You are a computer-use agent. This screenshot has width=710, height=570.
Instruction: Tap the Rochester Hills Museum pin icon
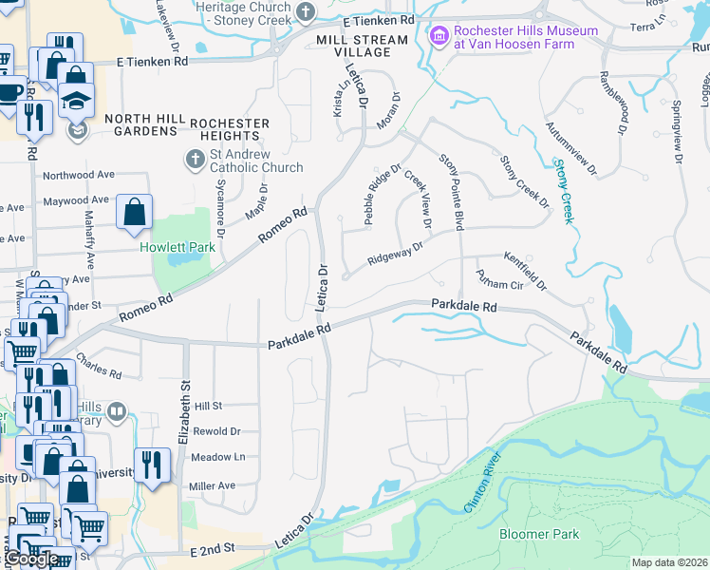pyautogui.click(x=439, y=37)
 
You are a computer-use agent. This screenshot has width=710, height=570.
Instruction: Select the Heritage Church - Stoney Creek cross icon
pyautogui.click(x=306, y=12)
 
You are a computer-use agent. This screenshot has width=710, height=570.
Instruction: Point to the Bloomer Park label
pyautogui.click(x=539, y=535)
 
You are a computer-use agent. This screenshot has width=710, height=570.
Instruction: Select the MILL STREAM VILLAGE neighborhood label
pyautogui.click(x=362, y=47)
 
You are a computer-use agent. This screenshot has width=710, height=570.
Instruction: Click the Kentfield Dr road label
pyautogui.click(x=526, y=270)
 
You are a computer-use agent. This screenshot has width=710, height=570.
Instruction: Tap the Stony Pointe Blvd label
pyautogui.click(x=451, y=190)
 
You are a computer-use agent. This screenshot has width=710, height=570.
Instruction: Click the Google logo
pyautogui.click(x=31, y=560)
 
